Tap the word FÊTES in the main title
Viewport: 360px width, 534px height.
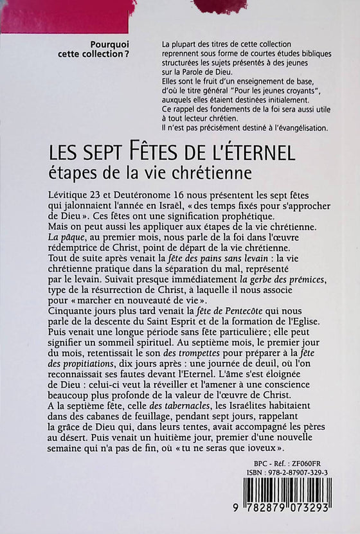point(135,155)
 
